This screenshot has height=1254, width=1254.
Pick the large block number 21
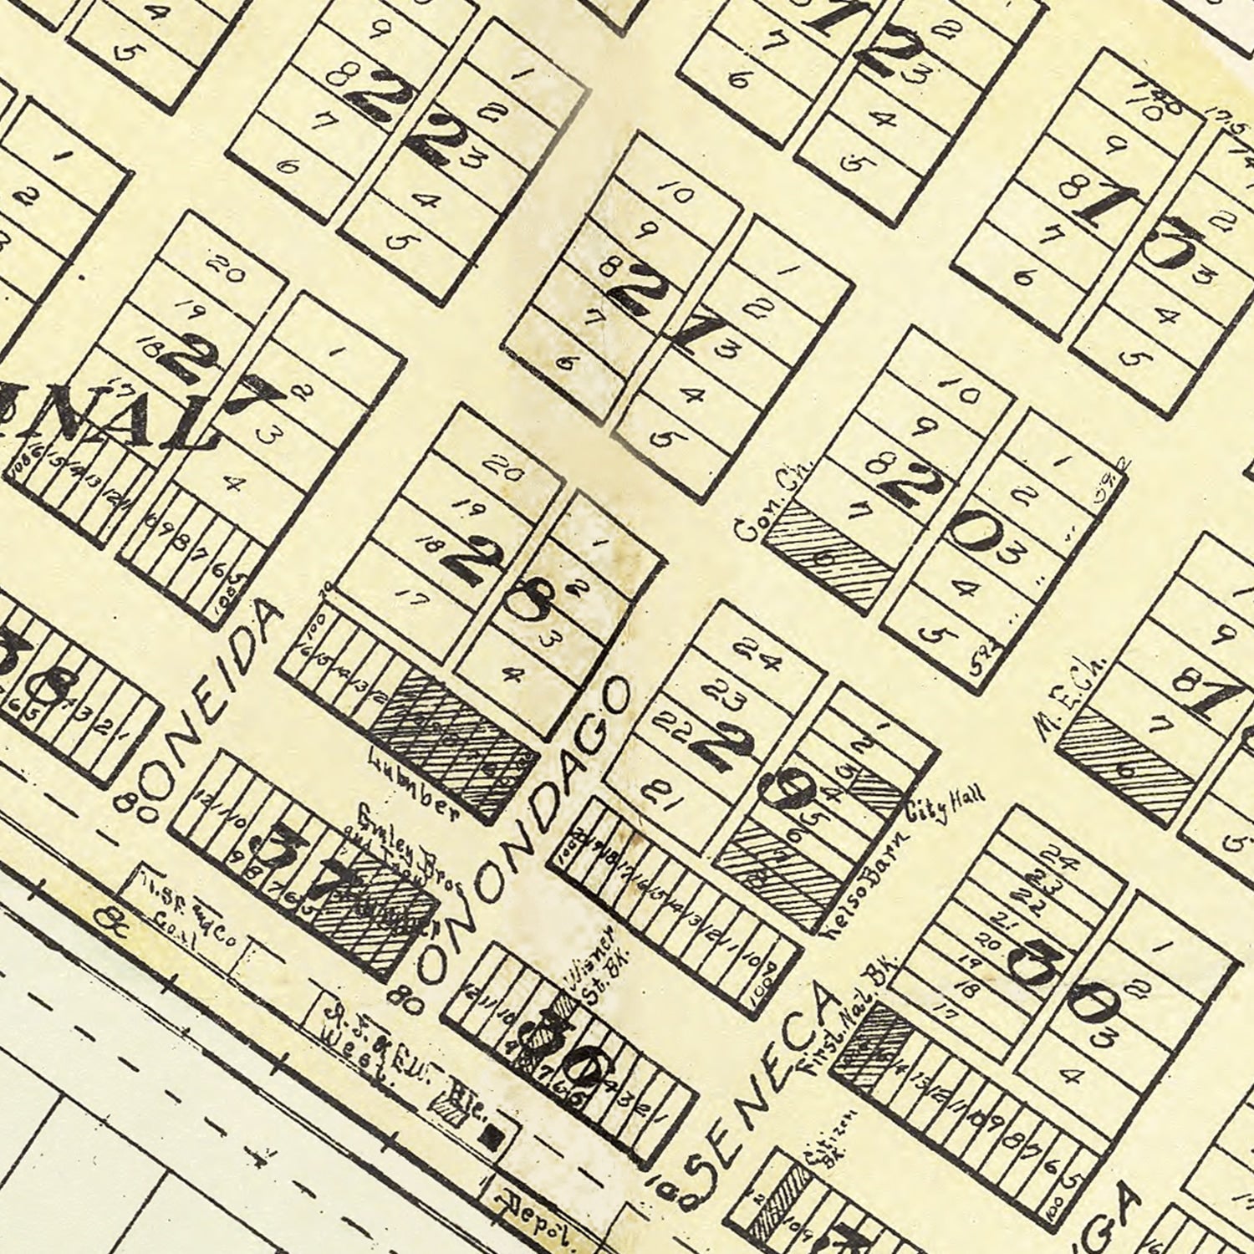(660, 313)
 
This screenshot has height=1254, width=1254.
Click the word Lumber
(413, 777)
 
